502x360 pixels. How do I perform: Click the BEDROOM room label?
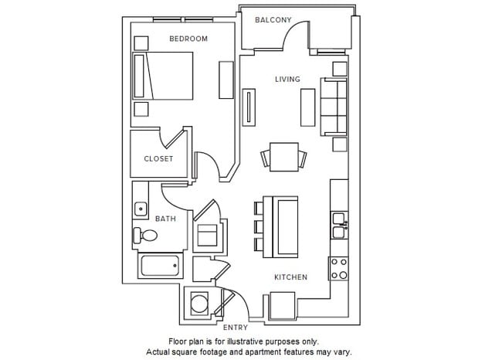pyautogui.click(x=188, y=39)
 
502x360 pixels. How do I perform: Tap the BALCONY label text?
pyautogui.click(x=273, y=20)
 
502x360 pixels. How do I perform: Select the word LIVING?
pyautogui.click(x=287, y=80)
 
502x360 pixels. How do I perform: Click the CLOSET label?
pyautogui.click(x=158, y=159)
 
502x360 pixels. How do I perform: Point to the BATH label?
pyautogui.click(x=165, y=219)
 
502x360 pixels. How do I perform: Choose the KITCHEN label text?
pyautogui.click(x=290, y=277)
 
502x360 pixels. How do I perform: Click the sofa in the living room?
pyautogui.click(x=336, y=106)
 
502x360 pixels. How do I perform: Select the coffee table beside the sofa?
pyautogui.click(x=307, y=107)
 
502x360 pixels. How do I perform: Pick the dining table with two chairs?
pyautogui.click(x=283, y=158)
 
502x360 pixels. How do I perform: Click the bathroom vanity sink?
pyautogui.click(x=141, y=208)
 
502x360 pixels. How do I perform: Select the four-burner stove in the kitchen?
pyautogui.click(x=339, y=268)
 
